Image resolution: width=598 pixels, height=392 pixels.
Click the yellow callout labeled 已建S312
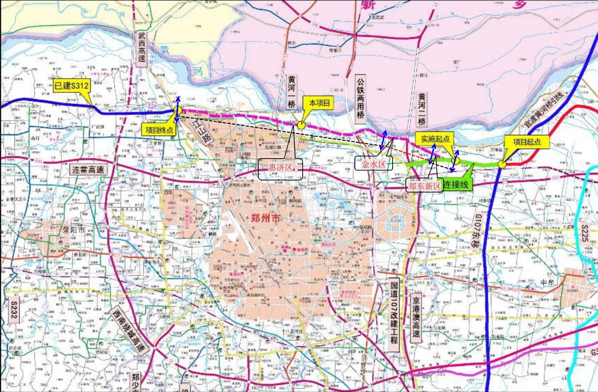point(71,86)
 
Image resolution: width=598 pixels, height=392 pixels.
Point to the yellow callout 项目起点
point(527,142)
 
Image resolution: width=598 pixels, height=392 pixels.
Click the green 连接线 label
point(456,185)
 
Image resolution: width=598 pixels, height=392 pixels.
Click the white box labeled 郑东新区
point(424,186)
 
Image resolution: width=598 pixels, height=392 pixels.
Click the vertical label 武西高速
point(141,49)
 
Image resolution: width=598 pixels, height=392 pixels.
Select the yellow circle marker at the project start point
point(501,164)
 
